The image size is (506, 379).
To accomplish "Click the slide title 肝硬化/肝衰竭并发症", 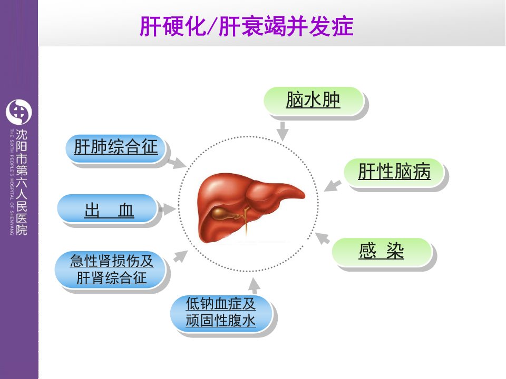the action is pyautogui.click(x=247, y=26).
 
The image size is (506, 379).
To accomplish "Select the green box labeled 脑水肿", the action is pyautogui.click(x=314, y=101).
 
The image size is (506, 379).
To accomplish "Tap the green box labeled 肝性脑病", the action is pyautogui.click(x=394, y=172).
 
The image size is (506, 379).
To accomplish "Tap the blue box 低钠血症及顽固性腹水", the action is pyautogui.click(x=221, y=313).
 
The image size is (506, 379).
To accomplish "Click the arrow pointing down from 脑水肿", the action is pyautogui.click(x=283, y=131).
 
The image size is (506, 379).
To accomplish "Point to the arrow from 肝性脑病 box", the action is pyautogui.click(x=333, y=186).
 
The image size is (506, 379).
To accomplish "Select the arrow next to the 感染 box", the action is pyautogui.click(x=322, y=238).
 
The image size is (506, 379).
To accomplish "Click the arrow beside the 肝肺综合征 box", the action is pyautogui.click(x=177, y=163).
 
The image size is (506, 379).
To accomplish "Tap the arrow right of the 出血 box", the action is pyautogui.click(x=167, y=209).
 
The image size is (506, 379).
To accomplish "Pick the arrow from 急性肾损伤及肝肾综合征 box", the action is pyautogui.click(x=180, y=256).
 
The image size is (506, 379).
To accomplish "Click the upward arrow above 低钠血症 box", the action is pyautogui.click(x=254, y=285).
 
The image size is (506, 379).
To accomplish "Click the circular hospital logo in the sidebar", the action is pyautogui.click(x=19, y=112).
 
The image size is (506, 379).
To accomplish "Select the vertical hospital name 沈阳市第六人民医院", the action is pyautogui.click(x=21, y=182).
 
